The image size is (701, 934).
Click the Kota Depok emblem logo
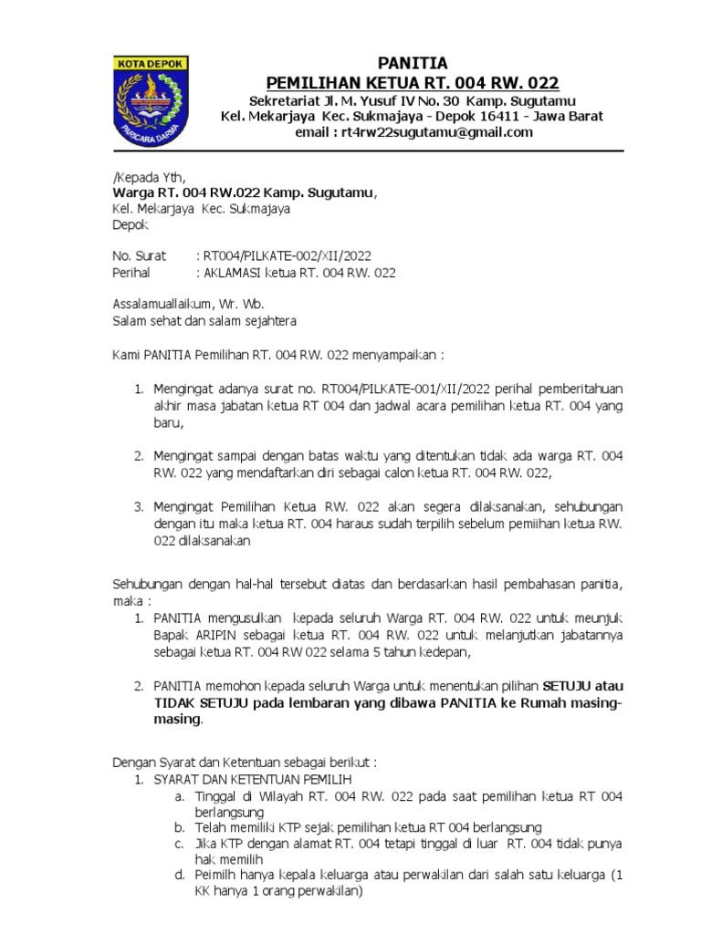click(x=150, y=100)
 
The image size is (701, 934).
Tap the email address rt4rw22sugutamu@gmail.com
click(x=436, y=133)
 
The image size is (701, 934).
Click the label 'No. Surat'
click(x=139, y=256)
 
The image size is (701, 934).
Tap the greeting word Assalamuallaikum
click(x=162, y=305)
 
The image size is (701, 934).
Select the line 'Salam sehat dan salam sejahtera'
click(x=204, y=321)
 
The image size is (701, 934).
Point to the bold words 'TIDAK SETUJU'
click(x=197, y=701)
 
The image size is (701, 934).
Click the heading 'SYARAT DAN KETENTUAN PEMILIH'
click(x=252, y=780)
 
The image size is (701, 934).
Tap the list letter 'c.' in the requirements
click(x=180, y=843)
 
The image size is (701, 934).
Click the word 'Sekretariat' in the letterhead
click(x=287, y=100)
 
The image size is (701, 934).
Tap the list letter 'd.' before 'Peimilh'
click(x=181, y=876)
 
